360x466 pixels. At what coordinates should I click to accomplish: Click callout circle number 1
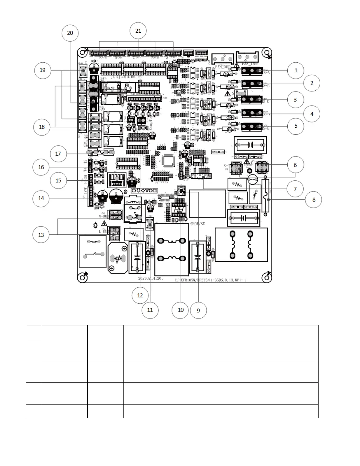click(x=296, y=70)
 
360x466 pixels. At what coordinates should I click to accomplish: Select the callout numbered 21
click(x=138, y=31)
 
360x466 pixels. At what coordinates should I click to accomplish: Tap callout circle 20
click(x=70, y=33)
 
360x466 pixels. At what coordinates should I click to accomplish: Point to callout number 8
click(x=314, y=200)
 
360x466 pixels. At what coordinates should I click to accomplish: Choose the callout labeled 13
click(x=41, y=235)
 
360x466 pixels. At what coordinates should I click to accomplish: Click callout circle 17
click(x=58, y=154)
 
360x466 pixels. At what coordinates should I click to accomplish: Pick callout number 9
click(x=198, y=310)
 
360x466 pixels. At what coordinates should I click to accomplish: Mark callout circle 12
click(x=140, y=295)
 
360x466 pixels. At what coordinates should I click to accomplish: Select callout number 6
click(x=296, y=165)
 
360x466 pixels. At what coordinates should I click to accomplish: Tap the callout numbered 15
click(x=58, y=180)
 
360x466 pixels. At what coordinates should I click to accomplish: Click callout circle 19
click(x=43, y=70)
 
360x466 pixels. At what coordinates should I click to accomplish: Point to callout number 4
click(x=312, y=114)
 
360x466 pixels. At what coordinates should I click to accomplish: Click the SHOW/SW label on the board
click(x=197, y=224)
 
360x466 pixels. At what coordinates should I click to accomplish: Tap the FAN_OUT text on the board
click(x=222, y=67)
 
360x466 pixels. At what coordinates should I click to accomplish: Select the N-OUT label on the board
click(x=104, y=216)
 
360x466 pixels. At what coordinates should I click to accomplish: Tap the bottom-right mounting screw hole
click(x=266, y=277)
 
